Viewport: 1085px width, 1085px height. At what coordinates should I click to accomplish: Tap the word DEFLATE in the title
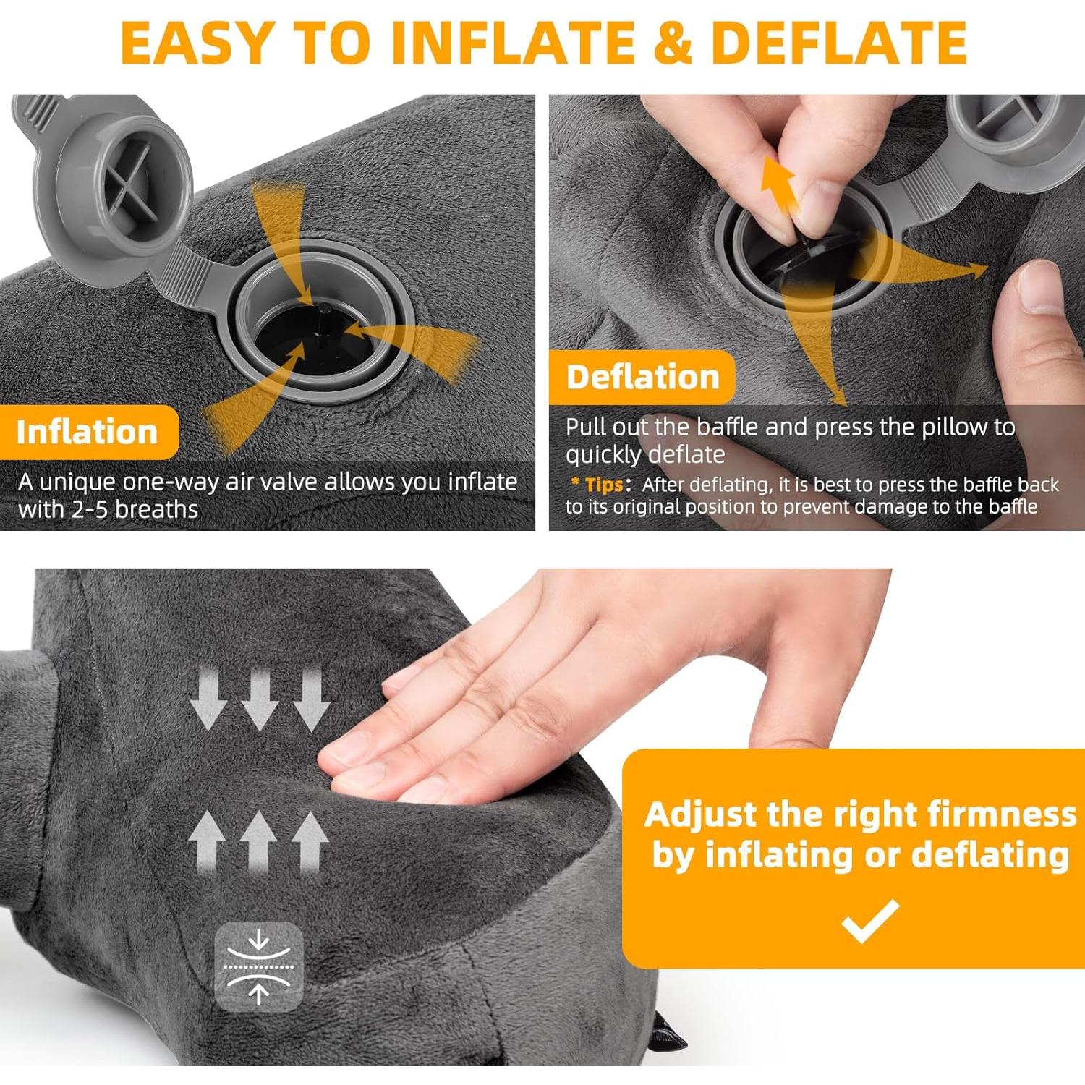pos(839,43)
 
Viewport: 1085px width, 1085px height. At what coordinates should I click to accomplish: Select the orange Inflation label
pos(88,432)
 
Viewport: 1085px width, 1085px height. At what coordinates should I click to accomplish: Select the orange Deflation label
pos(642,377)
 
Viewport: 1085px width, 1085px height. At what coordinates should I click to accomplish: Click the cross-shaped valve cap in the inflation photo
pos(130,180)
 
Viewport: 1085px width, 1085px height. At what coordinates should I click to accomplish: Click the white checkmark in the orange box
pos(871,921)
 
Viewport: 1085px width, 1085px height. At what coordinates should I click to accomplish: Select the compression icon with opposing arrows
pos(258,966)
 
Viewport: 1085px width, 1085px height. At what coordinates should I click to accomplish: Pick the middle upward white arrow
pos(258,839)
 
